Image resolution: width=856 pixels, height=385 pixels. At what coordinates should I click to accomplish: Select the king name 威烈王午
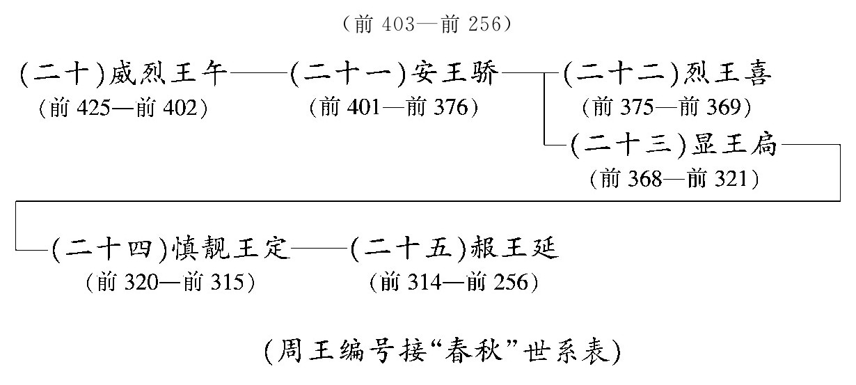point(169,74)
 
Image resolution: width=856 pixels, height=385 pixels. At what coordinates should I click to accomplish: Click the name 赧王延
point(514,249)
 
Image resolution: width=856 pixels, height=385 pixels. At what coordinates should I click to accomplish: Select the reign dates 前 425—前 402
point(125,108)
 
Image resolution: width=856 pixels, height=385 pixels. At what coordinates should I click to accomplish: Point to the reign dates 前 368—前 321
point(674,179)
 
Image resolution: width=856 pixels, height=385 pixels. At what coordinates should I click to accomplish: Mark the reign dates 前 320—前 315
point(169,283)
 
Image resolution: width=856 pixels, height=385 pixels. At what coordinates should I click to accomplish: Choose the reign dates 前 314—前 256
point(454,283)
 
